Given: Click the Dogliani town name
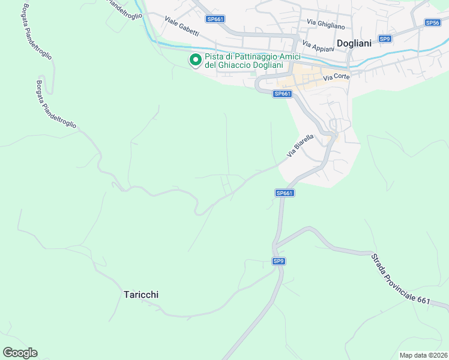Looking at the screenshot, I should pos(355,43).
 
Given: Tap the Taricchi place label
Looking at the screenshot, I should pos(141,295).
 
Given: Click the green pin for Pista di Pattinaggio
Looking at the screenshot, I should pos(195,60).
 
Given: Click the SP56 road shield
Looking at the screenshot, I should pos(433,22).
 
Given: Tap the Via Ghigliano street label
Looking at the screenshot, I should pos(325,24).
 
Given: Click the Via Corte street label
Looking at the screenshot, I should pos(336,77).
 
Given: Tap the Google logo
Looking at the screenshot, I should pos(20,353).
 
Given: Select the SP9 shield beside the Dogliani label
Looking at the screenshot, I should pos(385,38).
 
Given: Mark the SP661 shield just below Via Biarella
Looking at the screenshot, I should pos(285,193).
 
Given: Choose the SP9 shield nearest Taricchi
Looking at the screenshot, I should pos(279,261).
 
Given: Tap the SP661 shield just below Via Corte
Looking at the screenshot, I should pos(282,94).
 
